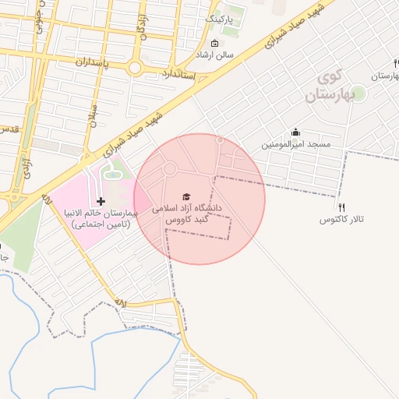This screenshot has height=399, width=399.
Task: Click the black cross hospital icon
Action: click(101, 202)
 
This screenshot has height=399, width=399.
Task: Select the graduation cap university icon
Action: click(185, 196)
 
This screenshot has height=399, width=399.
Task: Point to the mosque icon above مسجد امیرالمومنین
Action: click(295, 132)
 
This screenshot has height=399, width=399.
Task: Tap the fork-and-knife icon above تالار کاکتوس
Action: click(341, 207)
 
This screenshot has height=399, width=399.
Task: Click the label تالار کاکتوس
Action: click(342, 221)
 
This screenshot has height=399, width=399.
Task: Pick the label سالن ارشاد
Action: click(214, 56)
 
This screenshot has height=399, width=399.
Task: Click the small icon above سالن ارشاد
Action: click(215, 44)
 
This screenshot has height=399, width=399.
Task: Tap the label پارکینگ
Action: click(217, 16)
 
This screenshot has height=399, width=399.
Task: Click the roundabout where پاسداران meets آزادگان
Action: click(135, 69)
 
